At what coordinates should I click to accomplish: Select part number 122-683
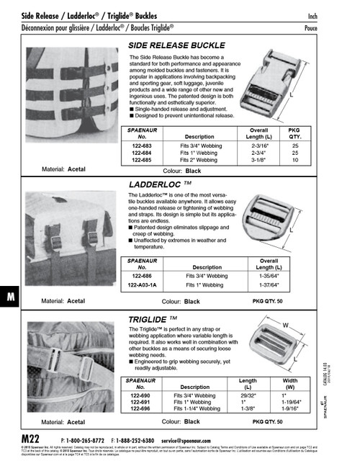141,146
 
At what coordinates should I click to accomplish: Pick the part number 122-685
141,160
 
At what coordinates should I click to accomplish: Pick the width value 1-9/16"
292,408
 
